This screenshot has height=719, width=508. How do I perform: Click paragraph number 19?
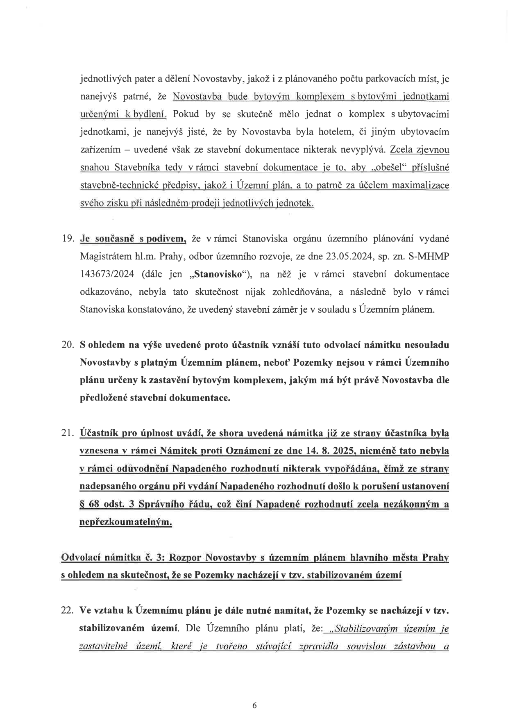tap(68, 239)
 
